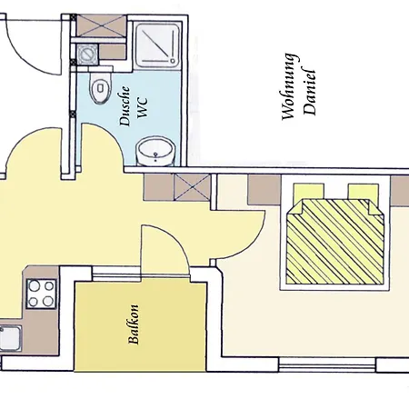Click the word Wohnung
(x=288, y=87)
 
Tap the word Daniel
(x=310, y=90)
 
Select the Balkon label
(x=134, y=324)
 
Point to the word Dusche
(x=125, y=106)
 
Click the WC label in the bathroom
(x=143, y=107)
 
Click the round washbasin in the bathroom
(x=155, y=151)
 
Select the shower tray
(x=157, y=45)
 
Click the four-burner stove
(x=41, y=294)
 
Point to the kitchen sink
(x=10, y=338)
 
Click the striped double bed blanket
(x=334, y=242)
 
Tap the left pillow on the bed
(x=308, y=192)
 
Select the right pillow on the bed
(x=364, y=192)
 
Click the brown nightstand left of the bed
(x=264, y=190)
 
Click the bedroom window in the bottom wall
(x=327, y=364)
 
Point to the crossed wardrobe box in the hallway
(x=193, y=187)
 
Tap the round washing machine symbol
(x=88, y=55)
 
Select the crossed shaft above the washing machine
(x=101, y=25)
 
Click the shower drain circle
(x=174, y=61)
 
